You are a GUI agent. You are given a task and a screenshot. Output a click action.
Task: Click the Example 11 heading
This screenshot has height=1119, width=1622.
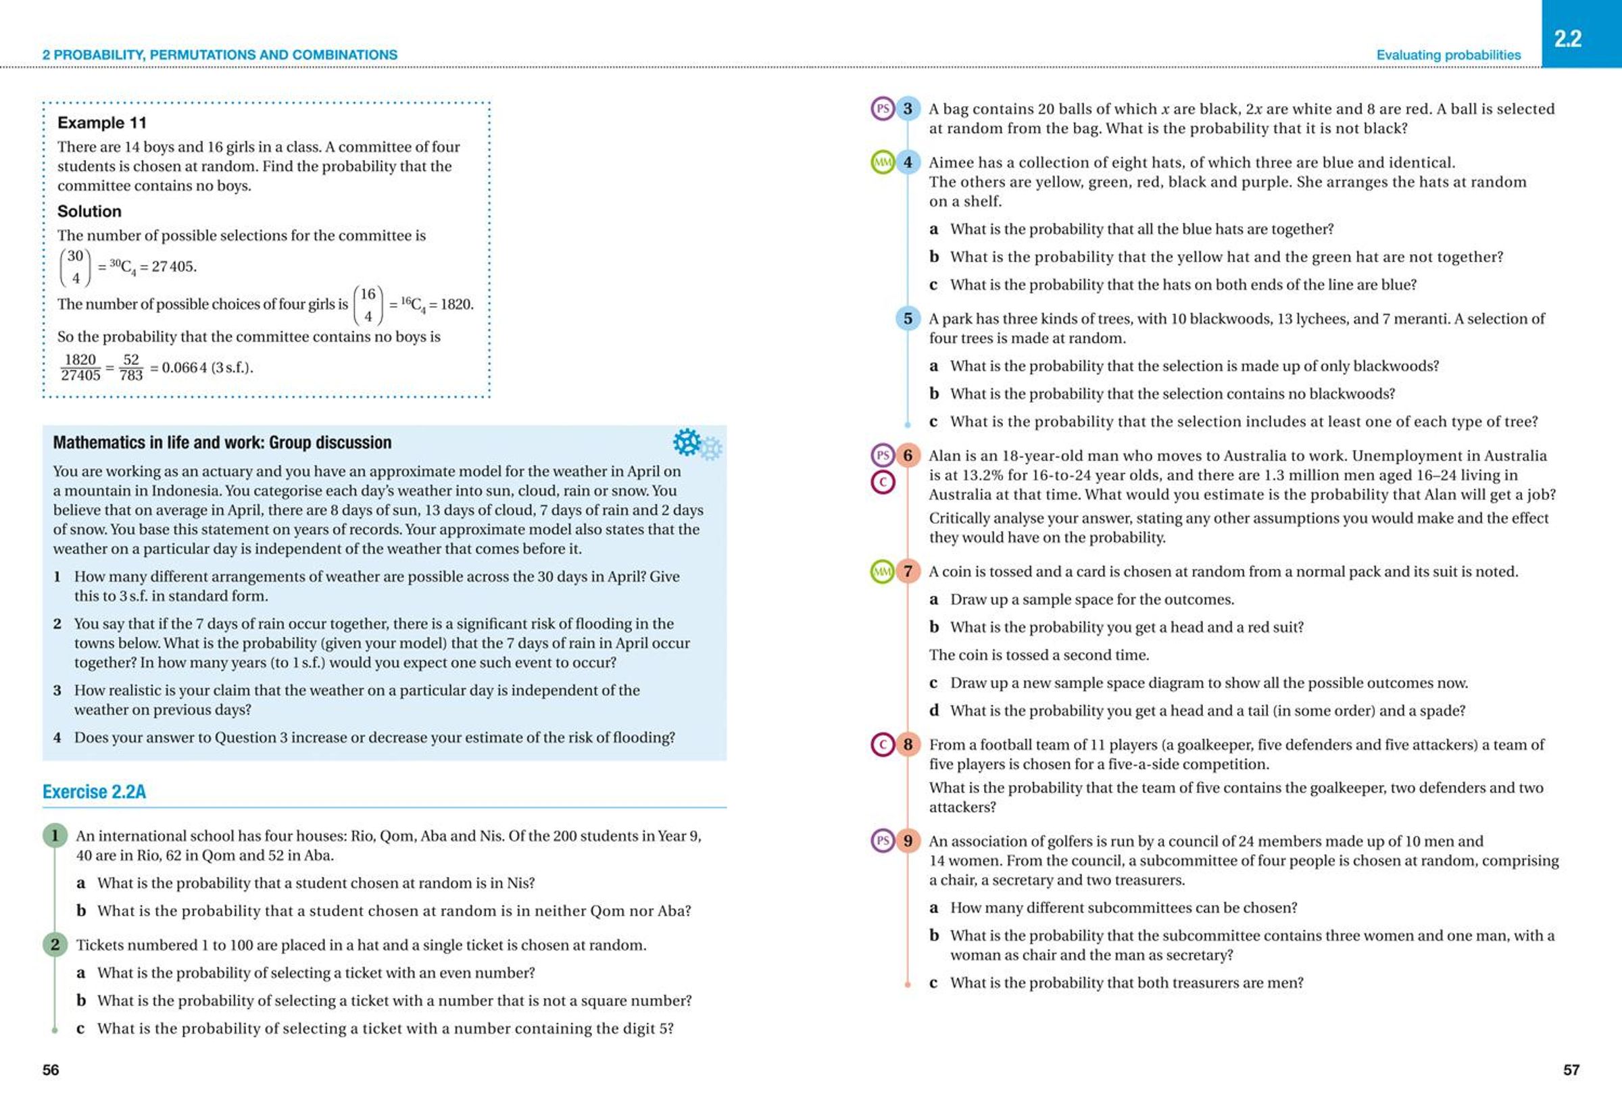101,123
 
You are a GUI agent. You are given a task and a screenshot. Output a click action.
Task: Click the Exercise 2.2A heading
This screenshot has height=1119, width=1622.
94,791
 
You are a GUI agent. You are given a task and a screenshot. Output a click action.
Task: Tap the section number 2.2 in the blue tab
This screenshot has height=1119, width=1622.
1567,39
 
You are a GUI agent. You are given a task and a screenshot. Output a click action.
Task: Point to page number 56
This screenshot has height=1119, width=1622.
51,1069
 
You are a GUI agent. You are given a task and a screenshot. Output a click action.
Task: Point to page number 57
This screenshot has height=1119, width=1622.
1571,1069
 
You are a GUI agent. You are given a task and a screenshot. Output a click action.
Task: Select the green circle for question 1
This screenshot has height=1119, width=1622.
55,836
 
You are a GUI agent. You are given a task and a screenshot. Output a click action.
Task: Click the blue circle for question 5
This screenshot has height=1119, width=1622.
908,318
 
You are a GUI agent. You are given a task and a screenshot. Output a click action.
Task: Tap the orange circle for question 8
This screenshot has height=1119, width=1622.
908,745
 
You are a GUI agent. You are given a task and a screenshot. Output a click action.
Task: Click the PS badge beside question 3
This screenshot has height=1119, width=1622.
883,109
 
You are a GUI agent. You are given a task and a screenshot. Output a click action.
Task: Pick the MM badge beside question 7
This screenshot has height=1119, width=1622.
882,572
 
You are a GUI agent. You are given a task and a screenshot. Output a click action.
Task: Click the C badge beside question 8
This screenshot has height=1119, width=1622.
883,745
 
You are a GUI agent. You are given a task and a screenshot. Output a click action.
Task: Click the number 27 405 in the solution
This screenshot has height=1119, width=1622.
173,267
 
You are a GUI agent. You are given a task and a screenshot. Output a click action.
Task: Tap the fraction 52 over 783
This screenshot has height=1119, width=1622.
131,368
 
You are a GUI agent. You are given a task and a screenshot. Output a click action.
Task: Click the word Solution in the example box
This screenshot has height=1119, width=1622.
89,211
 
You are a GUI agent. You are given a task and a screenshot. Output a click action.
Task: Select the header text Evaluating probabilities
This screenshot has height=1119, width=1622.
1448,55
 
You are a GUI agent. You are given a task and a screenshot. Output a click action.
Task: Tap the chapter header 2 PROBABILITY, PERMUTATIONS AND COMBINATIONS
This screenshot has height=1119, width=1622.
220,55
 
